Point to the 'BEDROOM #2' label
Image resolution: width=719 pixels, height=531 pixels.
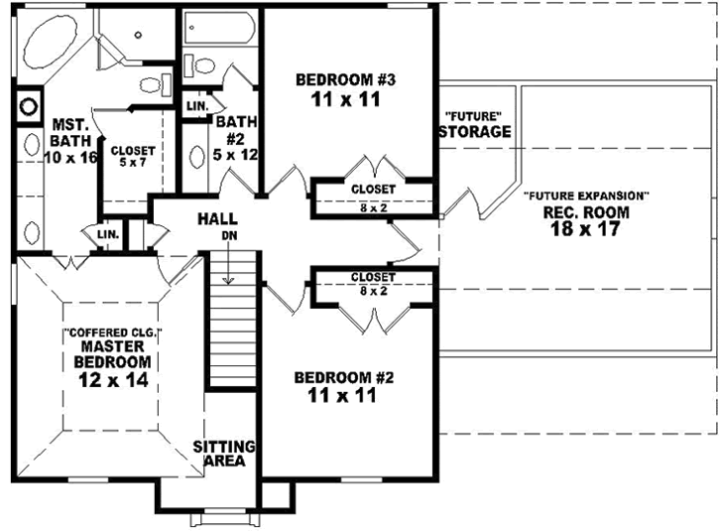[331, 377]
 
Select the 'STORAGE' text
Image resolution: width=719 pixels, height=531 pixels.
[475, 131]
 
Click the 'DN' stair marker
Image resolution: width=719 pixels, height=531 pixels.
[229, 236]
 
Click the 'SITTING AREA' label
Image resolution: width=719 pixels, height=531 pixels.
[225, 454]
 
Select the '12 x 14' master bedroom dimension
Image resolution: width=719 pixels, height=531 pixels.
[114, 379]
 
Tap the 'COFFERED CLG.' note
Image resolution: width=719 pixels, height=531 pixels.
[112, 332]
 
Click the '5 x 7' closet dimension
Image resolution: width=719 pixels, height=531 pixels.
[125, 163]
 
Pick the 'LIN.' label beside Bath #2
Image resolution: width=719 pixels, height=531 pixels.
[196, 105]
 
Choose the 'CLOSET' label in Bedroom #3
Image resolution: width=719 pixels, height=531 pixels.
[373, 189]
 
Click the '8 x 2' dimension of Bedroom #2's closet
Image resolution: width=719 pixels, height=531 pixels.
[373, 291]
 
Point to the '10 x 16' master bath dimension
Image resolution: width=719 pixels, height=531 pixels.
[69, 157]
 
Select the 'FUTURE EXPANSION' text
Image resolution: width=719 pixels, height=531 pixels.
[587, 196]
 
